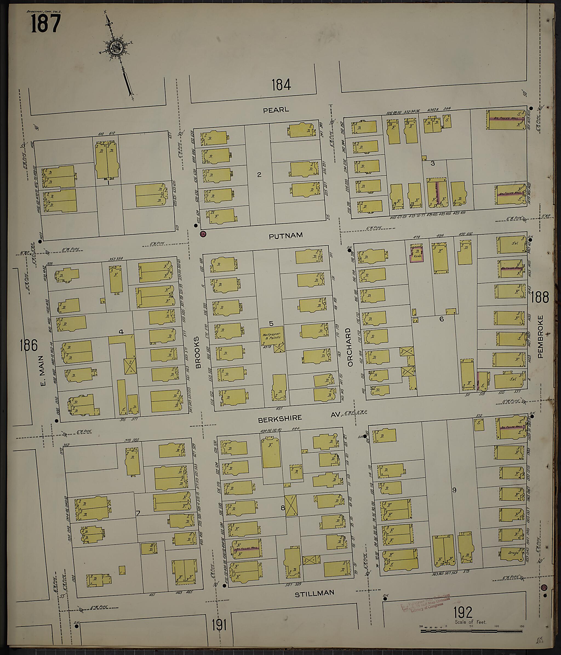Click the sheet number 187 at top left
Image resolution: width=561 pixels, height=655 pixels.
[45, 24]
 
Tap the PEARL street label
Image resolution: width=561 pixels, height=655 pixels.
[276, 110]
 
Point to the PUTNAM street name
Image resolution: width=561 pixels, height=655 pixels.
[285, 235]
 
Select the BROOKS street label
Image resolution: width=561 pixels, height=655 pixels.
[198, 352]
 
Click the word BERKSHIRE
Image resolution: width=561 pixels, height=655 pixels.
[280, 418]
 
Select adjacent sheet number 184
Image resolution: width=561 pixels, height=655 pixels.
[281, 85]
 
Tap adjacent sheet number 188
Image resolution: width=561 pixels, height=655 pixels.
[540, 297]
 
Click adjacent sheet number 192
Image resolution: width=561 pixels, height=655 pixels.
[463, 612]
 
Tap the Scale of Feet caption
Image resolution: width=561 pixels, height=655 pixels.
[470, 622]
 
